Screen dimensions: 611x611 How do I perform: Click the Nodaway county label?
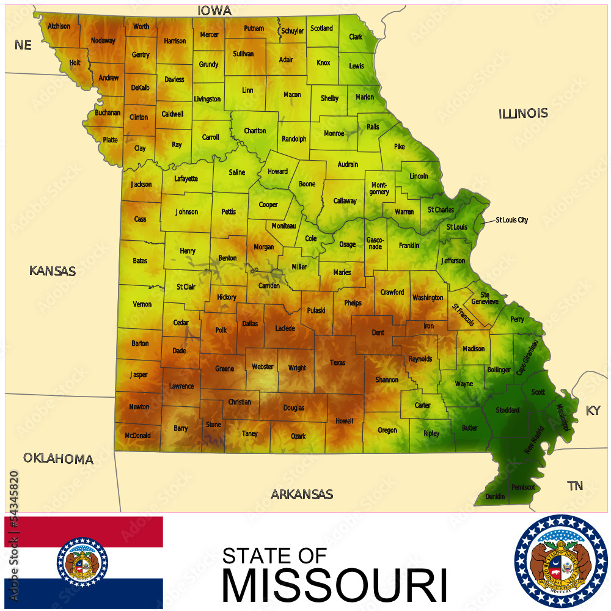click(103, 41)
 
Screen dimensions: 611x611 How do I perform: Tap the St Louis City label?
click(511, 220)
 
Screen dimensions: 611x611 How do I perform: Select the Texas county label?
click(338, 363)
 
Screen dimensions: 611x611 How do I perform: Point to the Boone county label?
click(307, 184)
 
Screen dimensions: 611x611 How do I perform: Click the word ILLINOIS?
click(523, 114)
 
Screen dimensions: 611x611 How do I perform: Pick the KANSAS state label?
click(53, 271)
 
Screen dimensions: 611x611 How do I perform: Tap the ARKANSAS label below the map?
click(302, 494)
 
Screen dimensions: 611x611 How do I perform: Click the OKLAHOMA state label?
click(58, 459)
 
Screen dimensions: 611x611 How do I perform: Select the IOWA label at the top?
click(214, 11)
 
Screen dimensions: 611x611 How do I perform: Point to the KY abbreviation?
click(593, 411)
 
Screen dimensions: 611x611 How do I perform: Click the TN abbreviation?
click(574, 486)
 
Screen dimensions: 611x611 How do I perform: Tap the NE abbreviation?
click(23, 45)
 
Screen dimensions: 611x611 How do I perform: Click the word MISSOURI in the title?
click(334, 585)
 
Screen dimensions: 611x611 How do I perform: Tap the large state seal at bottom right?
click(560, 562)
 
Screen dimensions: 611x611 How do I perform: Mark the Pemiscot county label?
click(524, 487)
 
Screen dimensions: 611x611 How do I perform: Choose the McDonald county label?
click(137, 436)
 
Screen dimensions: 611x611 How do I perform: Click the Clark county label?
click(356, 37)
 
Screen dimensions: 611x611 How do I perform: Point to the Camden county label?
click(269, 286)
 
